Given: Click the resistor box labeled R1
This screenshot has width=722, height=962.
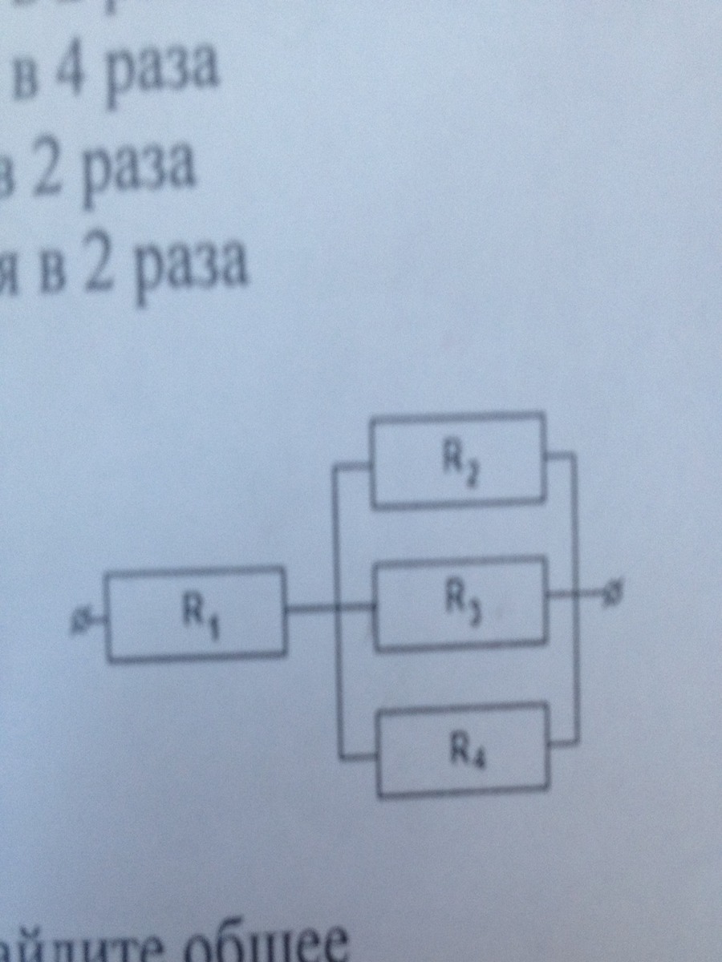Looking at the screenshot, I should coord(197,615).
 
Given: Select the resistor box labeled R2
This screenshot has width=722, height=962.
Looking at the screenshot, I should coord(457,461).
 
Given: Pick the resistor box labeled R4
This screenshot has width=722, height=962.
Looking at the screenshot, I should coord(464,750).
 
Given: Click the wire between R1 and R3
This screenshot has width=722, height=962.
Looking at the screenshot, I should coord(329,612).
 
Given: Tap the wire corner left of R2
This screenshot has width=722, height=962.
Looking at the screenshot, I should coord(338,468).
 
